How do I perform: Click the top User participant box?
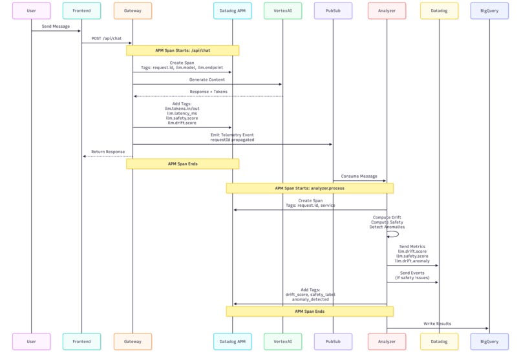(x=32, y=10)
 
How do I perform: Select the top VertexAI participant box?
(x=282, y=10)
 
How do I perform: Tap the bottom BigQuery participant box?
(x=489, y=341)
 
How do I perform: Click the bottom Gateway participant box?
(x=133, y=341)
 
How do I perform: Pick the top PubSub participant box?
(x=333, y=10)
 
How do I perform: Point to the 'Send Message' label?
(x=56, y=26)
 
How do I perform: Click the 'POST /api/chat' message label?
(x=107, y=38)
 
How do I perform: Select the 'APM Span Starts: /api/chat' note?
(x=182, y=50)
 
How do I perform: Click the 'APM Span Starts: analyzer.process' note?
(x=310, y=188)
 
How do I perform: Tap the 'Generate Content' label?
(x=207, y=79)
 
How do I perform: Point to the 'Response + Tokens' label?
(x=209, y=92)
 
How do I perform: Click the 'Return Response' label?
(x=108, y=152)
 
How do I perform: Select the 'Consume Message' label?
(x=359, y=176)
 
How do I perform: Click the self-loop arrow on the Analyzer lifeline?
(x=398, y=234)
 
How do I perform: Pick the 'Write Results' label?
(x=437, y=323)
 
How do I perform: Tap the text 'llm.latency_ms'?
(x=182, y=113)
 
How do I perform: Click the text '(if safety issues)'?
(x=412, y=278)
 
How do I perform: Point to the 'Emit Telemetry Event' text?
(x=232, y=135)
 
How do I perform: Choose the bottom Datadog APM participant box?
(x=233, y=341)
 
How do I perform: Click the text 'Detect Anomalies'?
(x=387, y=227)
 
